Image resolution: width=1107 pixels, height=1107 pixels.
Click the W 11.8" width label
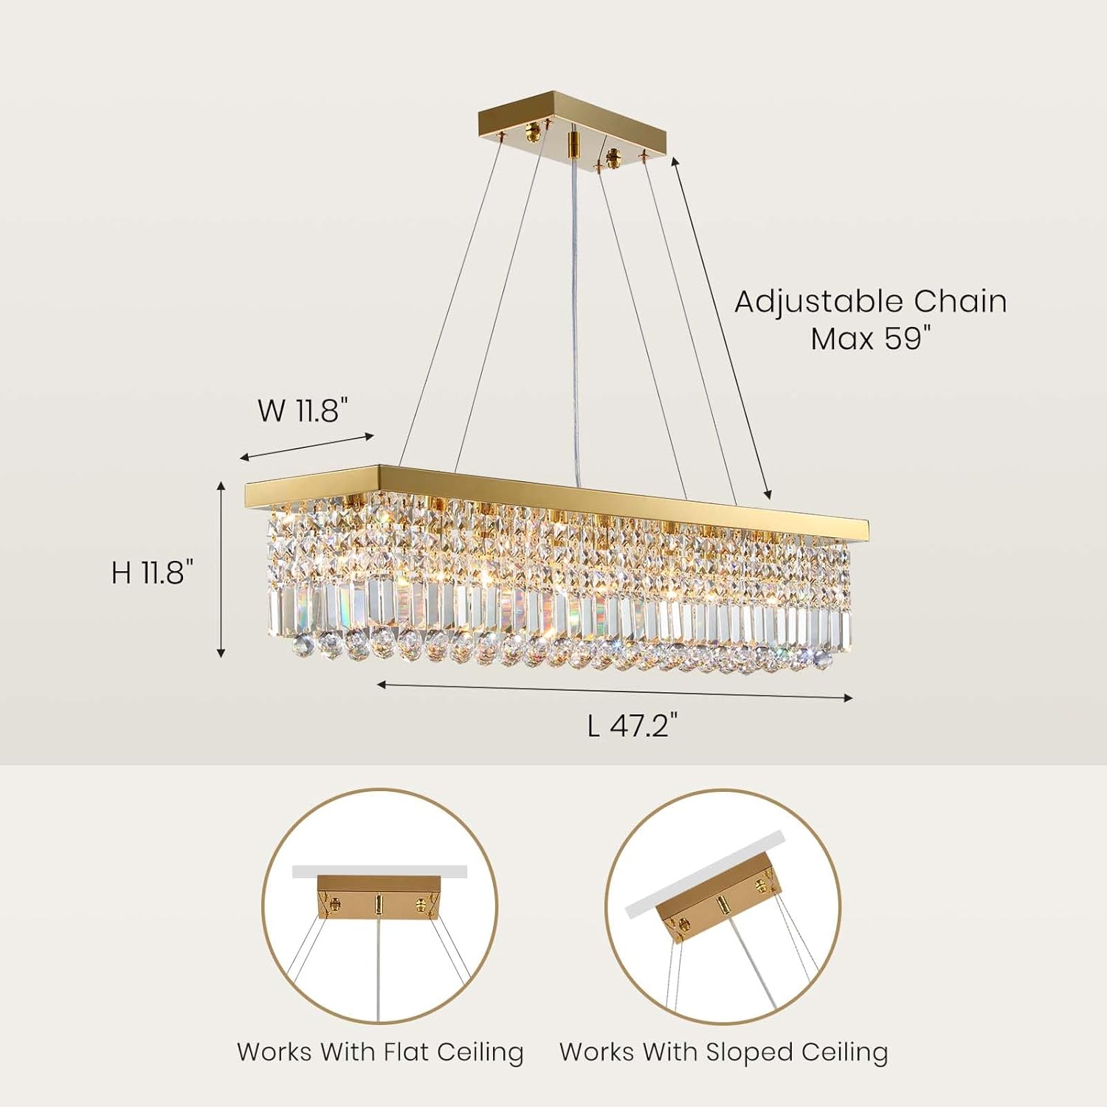(302, 410)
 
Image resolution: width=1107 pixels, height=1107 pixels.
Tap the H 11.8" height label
(153, 572)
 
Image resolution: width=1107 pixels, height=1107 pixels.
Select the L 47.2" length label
(632, 725)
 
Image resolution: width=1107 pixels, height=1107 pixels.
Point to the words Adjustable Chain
(870, 302)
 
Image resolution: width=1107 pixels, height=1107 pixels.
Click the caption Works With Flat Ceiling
(380, 1052)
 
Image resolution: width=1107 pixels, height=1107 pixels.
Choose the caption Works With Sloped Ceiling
(723, 1052)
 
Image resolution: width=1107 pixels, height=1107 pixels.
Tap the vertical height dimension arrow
(221, 568)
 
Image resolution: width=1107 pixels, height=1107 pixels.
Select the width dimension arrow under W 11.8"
(307, 447)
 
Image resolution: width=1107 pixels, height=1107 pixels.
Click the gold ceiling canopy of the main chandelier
(572, 130)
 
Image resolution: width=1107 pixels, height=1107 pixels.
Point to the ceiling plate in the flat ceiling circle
(379, 898)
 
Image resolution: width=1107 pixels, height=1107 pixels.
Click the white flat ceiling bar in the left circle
(379, 872)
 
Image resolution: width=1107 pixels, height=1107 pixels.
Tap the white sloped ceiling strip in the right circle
(705, 875)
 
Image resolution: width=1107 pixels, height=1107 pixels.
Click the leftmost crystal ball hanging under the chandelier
(302, 646)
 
